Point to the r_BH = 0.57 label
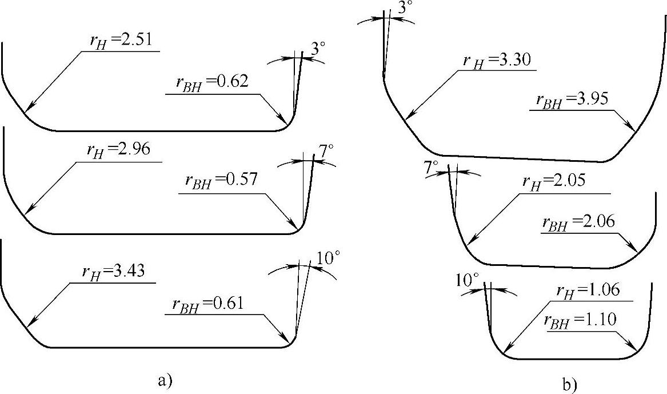tap(221, 182)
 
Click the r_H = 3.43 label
tap(118, 272)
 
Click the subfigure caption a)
tap(163, 379)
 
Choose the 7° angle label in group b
tap(431, 168)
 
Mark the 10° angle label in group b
tap(467, 280)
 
